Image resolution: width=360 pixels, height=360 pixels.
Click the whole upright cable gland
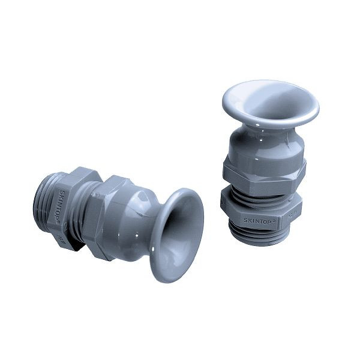(x=265, y=162)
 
